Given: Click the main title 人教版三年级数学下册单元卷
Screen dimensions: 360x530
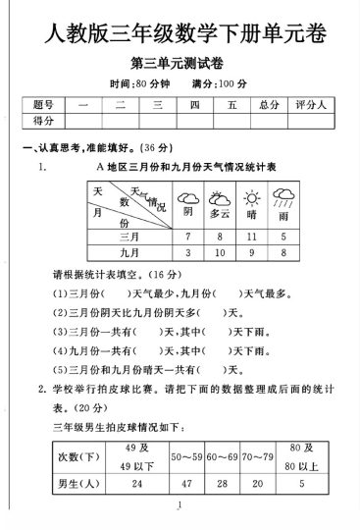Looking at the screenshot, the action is [x=180, y=36].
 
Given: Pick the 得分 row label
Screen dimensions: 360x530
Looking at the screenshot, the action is [x=43, y=120].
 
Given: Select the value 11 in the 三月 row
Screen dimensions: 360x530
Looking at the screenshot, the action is [x=252, y=237].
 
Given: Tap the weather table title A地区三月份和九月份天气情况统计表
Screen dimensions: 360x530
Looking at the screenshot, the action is [x=185, y=168].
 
